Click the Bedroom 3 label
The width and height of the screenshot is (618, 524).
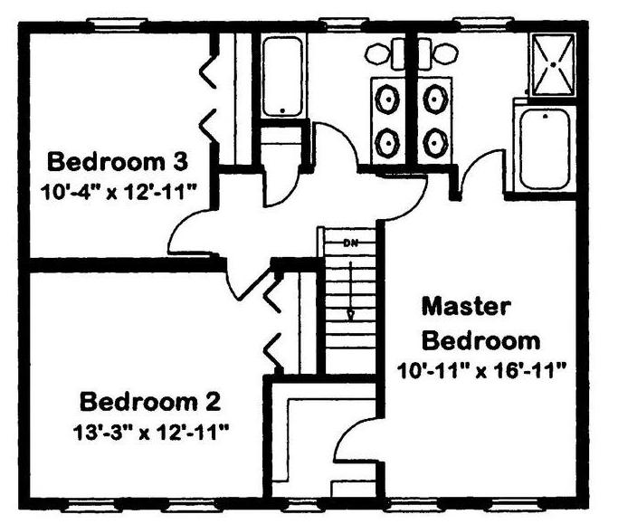click(x=118, y=161)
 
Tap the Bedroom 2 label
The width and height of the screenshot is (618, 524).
click(x=150, y=402)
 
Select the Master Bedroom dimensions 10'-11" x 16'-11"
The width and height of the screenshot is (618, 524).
click(x=481, y=371)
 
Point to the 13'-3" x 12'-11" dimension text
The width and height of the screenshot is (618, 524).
click(x=151, y=432)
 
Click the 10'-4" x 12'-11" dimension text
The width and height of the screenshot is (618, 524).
click(x=119, y=193)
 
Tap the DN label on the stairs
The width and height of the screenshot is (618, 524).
click(x=350, y=243)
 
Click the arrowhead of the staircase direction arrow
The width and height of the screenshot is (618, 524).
click(x=350, y=316)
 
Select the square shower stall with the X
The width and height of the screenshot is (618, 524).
click(x=554, y=64)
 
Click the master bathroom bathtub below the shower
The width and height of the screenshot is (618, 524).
click(x=545, y=149)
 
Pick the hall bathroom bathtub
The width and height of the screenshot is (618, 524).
click(x=282, y=76)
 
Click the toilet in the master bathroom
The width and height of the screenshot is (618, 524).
click(x=438, y=53)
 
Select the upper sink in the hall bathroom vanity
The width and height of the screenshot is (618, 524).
click(x=388, y=99)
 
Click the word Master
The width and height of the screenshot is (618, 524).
click(x=467, y=307)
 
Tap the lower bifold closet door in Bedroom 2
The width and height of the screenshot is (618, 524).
click(x=272, y=351)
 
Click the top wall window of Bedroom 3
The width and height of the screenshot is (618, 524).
click(x=117, y=24)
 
